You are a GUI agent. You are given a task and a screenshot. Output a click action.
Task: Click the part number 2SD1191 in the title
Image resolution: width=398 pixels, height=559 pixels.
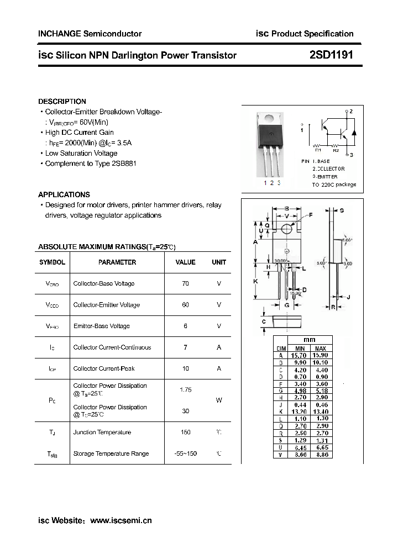tap(331, 55)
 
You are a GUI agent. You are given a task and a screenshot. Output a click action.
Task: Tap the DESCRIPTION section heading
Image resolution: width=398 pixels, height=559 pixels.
tap(62, 102)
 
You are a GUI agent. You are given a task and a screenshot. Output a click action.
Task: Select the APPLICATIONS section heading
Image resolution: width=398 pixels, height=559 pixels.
tap(64, 194)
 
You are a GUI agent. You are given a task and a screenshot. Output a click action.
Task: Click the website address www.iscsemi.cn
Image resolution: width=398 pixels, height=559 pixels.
tap(121, 520)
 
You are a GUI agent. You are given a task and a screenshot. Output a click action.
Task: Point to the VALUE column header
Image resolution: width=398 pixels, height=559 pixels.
tap(185, 262)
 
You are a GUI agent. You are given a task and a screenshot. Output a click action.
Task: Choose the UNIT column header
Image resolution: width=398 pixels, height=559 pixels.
tap(219, 262)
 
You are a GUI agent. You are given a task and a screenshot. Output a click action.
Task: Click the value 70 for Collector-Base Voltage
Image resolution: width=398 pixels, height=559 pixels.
tap(185, 283)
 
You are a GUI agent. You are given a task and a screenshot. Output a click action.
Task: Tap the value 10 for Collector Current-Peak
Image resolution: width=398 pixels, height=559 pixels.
tap(185, 368)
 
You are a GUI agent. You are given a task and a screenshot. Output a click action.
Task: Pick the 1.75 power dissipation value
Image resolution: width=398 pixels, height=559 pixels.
tap(185, 390)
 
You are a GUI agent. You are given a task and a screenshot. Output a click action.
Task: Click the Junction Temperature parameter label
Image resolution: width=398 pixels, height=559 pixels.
tap(102, 433)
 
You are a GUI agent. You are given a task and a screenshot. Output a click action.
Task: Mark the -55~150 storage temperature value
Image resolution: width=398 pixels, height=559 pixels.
tap(185, 453)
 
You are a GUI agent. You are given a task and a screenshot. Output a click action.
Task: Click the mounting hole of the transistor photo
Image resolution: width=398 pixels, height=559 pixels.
tap(269, 118)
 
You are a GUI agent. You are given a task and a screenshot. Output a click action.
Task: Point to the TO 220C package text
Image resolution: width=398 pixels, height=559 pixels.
tap(334, 184)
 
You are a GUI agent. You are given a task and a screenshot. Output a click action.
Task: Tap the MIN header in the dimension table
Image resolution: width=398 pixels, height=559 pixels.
tap(300, 349)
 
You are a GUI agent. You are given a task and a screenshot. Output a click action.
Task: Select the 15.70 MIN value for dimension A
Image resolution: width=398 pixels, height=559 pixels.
tap(300, 356)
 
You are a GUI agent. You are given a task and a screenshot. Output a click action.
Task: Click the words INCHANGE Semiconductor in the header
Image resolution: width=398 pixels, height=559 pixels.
tap(90, 34)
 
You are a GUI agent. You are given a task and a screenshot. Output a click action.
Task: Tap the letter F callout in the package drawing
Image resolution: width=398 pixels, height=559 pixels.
tap(310, 214)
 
